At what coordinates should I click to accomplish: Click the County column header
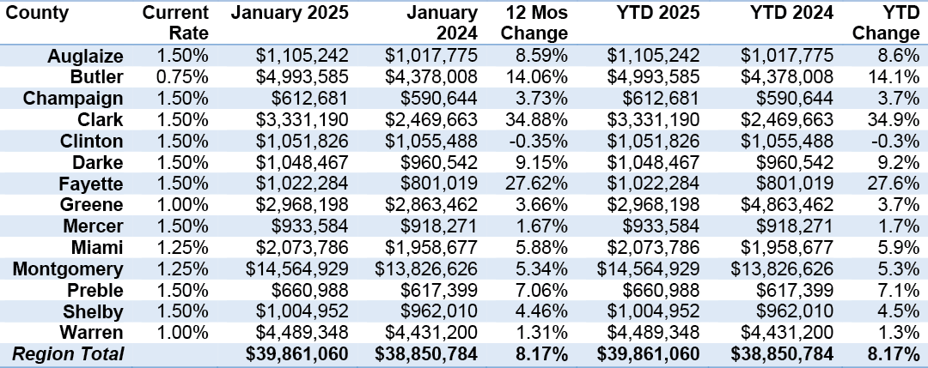[37, 13]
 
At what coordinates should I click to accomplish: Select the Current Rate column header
[176, 22]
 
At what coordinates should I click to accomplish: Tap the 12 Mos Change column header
[534, 22]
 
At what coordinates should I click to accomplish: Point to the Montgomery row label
[68, 269]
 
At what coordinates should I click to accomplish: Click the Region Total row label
[68, 353]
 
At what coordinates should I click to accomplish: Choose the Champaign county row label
[73, 100]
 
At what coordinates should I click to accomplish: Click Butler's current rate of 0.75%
[183, 77]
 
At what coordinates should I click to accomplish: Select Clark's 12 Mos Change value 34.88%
[536, 120]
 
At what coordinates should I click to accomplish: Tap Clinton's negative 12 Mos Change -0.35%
[539, 142]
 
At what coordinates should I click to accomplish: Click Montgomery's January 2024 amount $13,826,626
[425, 268]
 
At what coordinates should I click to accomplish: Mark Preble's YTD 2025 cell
[662, 290]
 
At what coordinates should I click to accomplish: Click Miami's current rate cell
[183, 248]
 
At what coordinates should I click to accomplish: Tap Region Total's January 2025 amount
[297, 354]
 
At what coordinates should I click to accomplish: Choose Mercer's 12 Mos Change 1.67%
[541, 226]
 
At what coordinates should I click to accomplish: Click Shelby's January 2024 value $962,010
[441, 311]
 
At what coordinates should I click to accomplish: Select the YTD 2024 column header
[787, 13]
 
